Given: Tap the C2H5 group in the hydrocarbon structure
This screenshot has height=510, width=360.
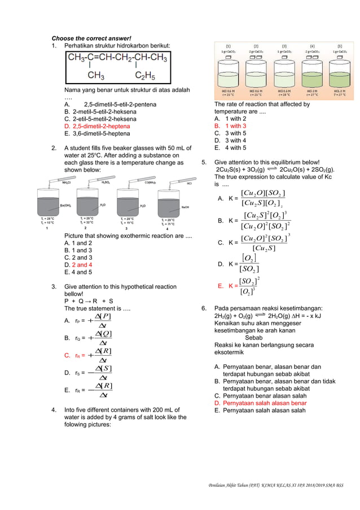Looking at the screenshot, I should (146, 75).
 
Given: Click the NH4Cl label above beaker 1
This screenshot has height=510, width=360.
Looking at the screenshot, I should (66, 183).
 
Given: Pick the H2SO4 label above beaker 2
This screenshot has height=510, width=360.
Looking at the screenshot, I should (106, 183).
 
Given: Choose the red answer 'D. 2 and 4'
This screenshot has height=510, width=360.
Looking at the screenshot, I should (78, 264).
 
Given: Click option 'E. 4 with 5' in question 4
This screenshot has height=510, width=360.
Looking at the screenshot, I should (230, 148).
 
